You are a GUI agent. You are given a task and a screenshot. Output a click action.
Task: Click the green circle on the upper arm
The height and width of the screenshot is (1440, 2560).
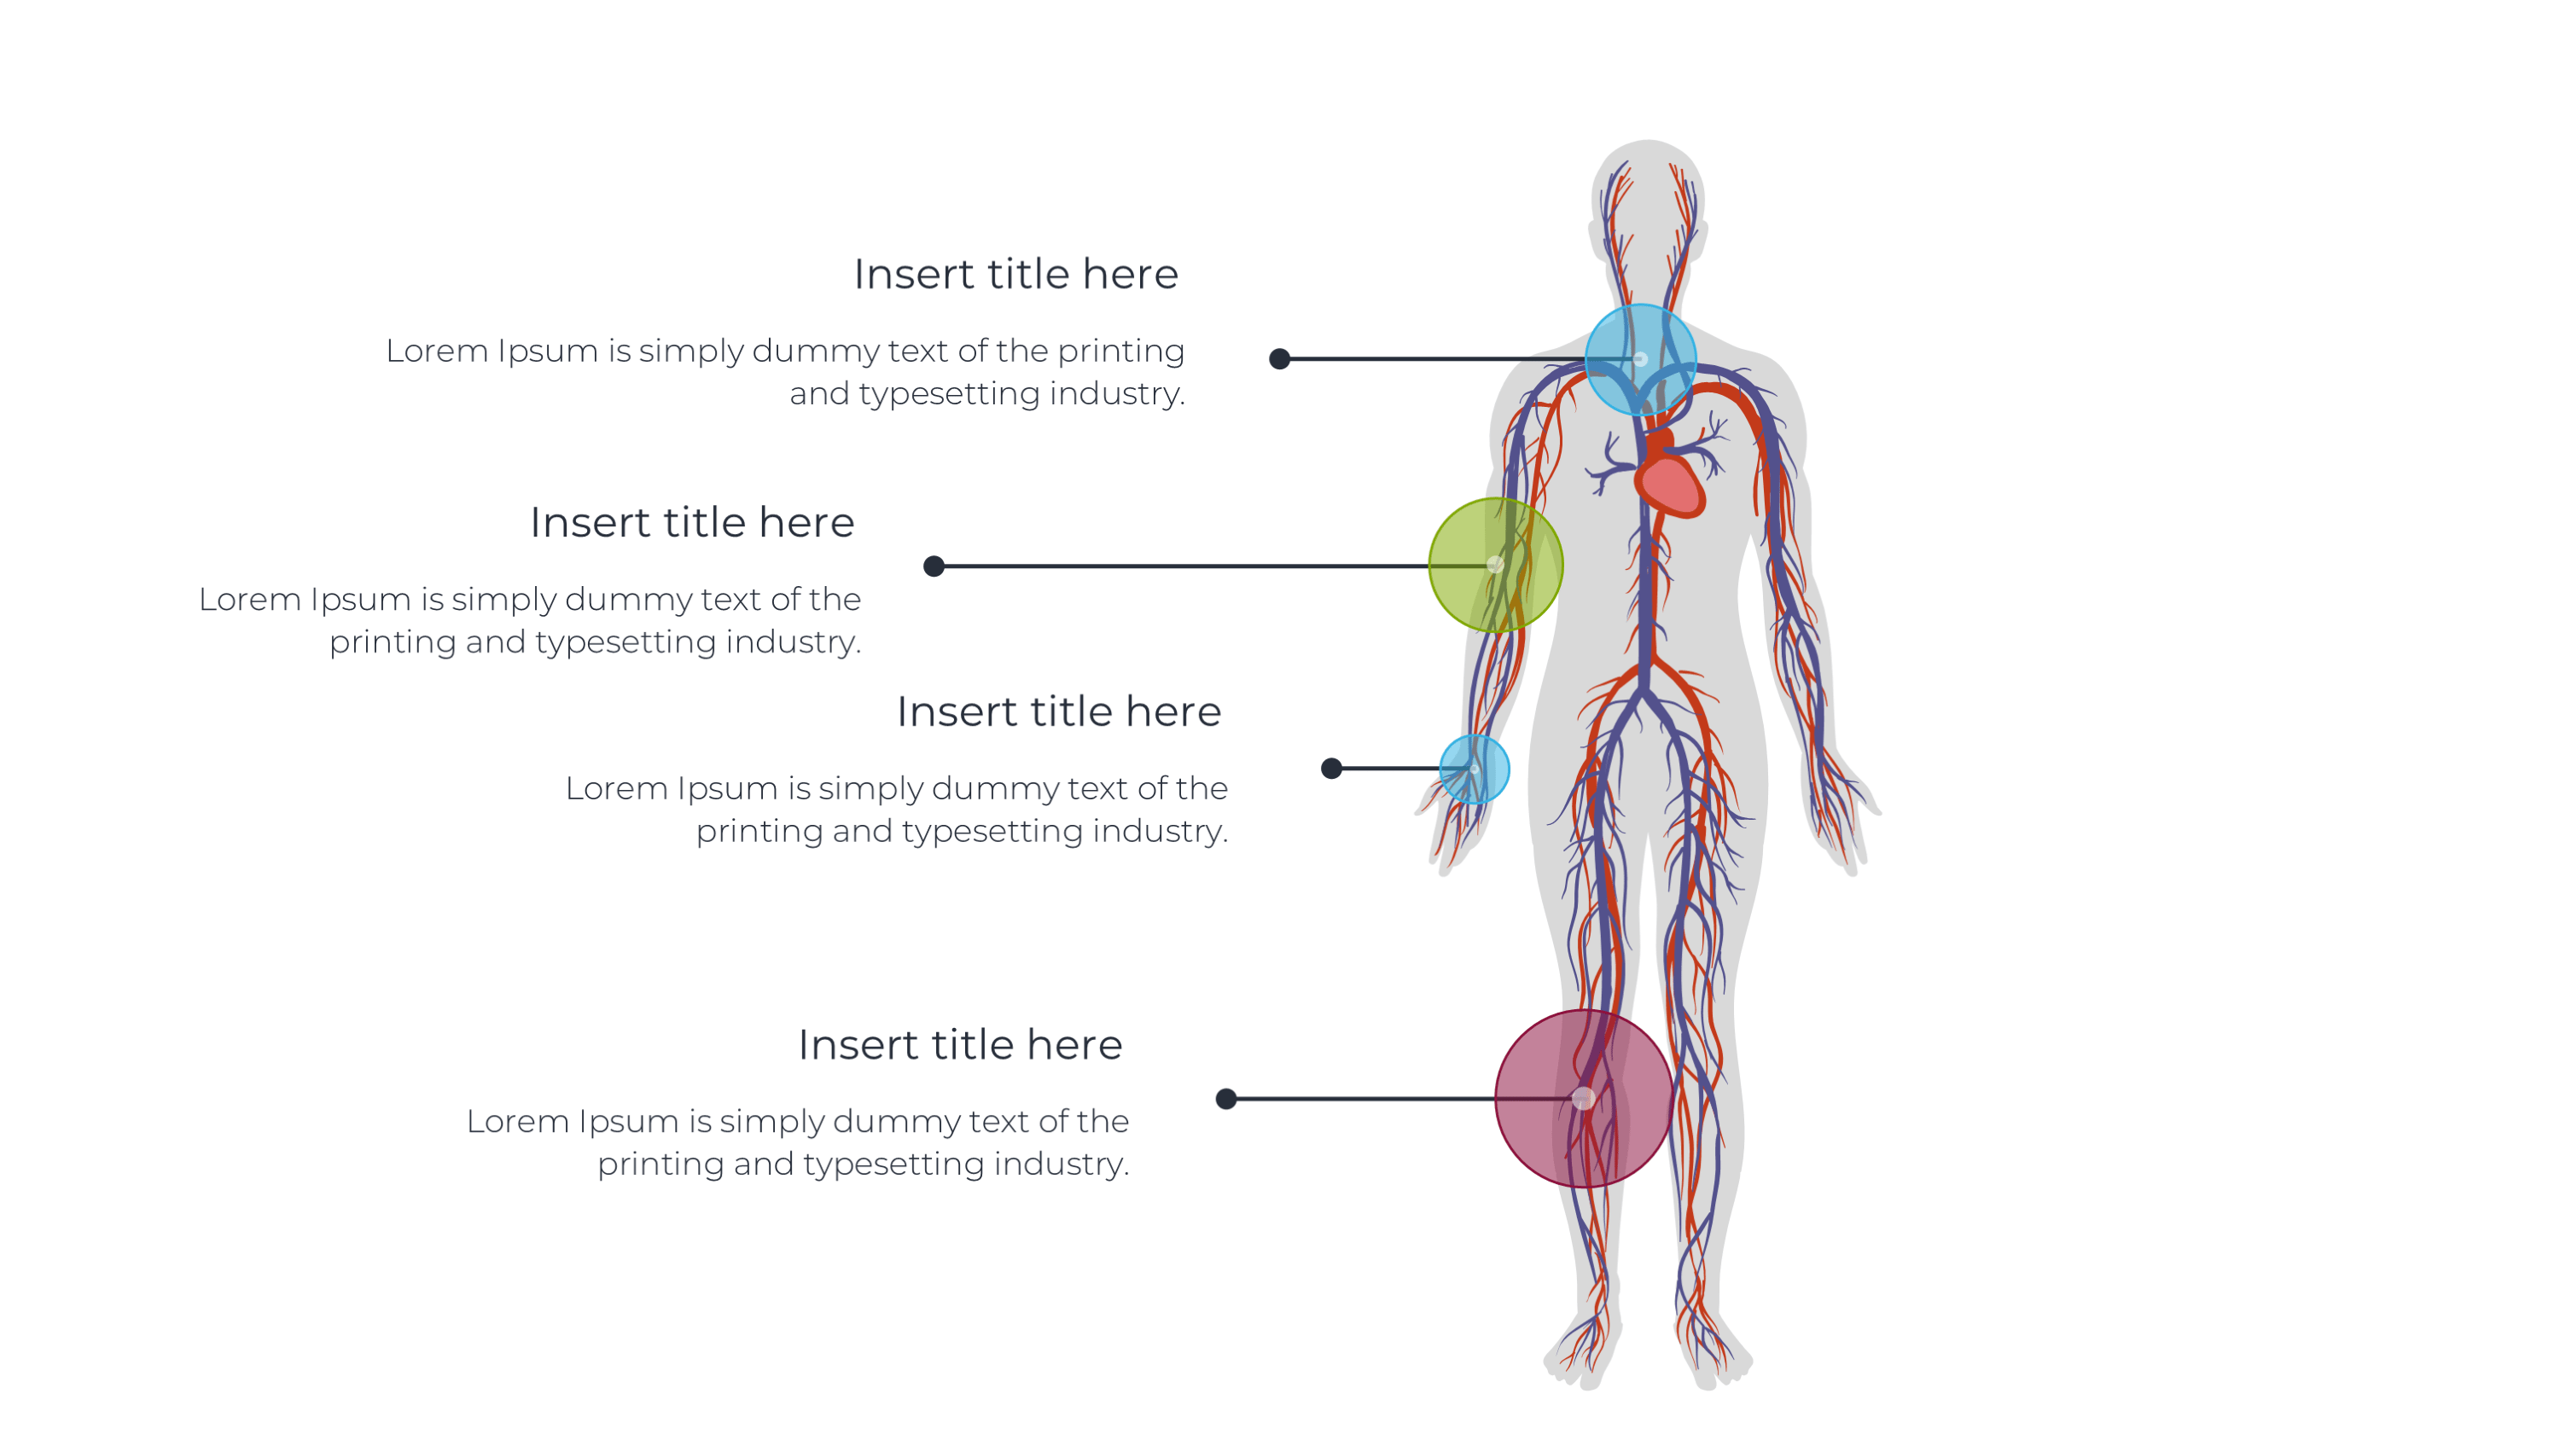(1496, 566)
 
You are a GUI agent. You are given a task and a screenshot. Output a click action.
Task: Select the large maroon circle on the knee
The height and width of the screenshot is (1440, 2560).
(1584, 1099)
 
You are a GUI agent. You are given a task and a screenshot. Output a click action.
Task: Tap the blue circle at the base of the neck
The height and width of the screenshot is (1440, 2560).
(1641, 360)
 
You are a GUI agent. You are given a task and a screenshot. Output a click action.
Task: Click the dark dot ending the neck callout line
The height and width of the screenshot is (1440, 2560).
(1280, 360)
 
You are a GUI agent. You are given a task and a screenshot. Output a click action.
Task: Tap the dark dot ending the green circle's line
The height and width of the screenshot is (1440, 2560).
(934, 566)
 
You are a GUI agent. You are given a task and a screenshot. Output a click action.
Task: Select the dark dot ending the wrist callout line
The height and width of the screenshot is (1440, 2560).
(1332, 768)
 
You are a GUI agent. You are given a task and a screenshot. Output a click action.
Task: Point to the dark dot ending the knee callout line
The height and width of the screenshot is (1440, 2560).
(1226, 1099)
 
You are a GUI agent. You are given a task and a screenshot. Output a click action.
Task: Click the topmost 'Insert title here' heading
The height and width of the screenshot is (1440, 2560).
(1015, 275)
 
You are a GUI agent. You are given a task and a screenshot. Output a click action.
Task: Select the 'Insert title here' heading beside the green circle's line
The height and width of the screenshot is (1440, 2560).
(692, 523)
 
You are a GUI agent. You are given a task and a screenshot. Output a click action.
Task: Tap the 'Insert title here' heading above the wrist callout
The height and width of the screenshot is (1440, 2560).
(1058, 711)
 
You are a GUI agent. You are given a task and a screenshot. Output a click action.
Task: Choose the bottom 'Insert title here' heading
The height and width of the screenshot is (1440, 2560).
(960, 1044)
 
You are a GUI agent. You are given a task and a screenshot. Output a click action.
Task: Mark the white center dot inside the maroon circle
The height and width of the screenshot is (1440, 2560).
(1584, 1099)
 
